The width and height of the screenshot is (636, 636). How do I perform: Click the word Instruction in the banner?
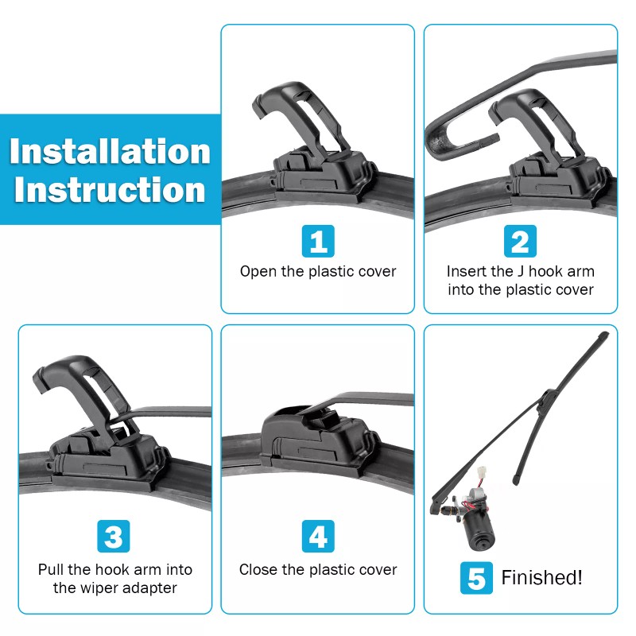(x=110, y=190)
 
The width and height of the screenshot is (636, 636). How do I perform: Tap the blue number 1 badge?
(x=318, y=241)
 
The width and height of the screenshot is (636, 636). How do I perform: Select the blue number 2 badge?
(x=520, y=241)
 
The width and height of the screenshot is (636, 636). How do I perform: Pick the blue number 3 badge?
(x=114, y=537)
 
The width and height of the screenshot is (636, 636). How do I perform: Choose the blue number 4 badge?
(x=318, y=537)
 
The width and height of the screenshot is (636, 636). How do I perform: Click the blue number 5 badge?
(x=475, y=578)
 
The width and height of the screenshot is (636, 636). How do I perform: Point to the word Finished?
(x=541, y=578)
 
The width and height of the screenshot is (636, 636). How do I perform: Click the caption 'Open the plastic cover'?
(x=318, y=271)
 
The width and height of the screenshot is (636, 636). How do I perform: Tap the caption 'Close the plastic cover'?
(x=318, y=569)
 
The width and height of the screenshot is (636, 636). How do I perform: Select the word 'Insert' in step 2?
(x=467, y=271)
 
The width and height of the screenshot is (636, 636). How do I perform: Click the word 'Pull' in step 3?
(x=52, y=569)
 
